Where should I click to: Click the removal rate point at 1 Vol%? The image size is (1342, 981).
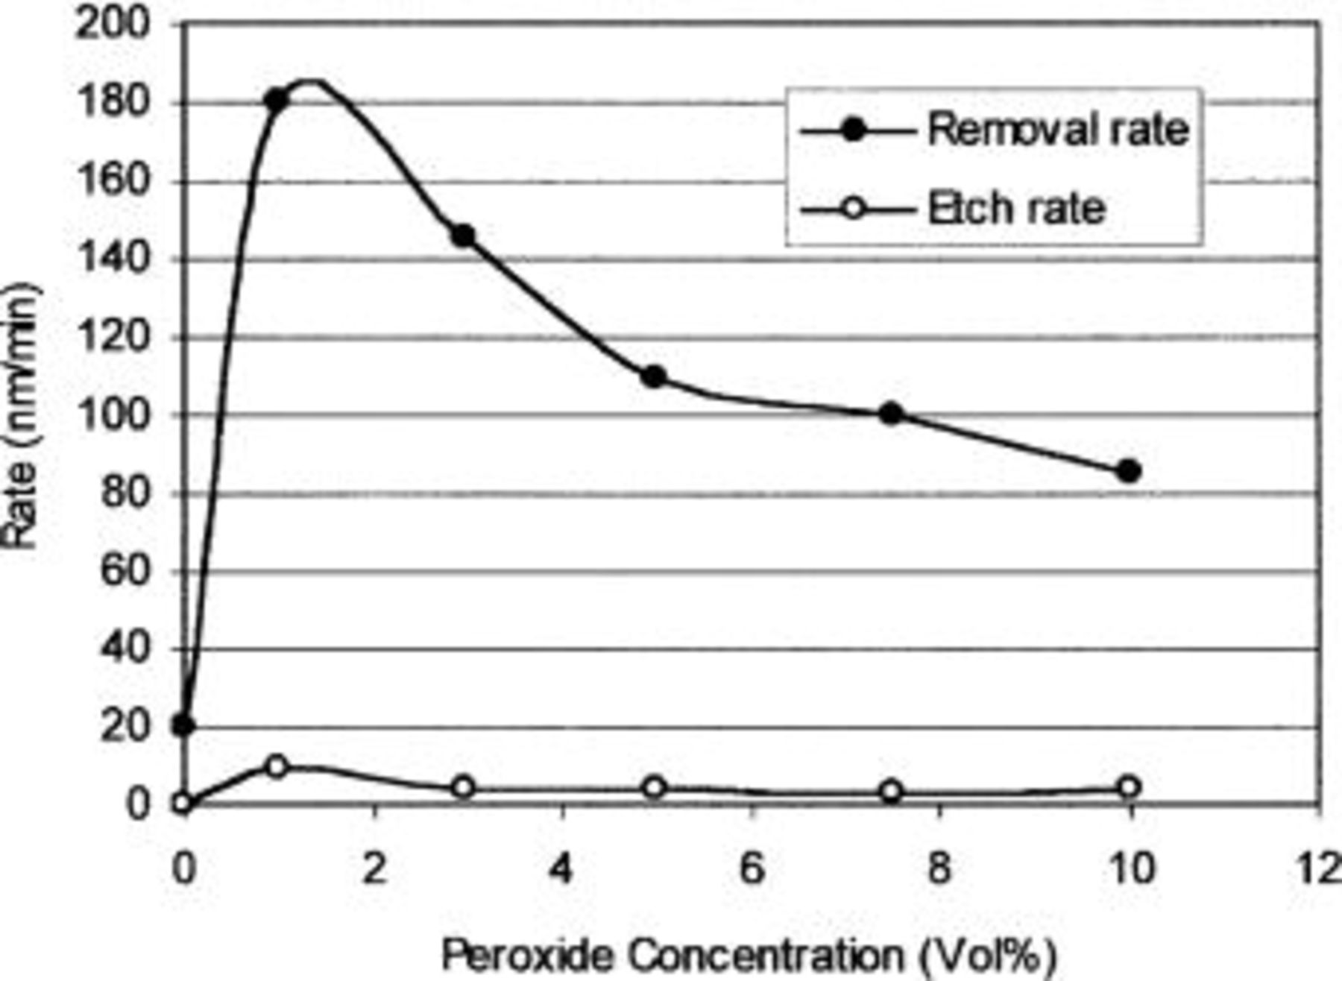pyautogui.click(x=277, y=99)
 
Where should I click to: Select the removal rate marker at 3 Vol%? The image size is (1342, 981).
pyautogui.click(x=463, y=236)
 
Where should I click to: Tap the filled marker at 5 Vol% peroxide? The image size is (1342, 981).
pyautogui.click(x=654, y=376)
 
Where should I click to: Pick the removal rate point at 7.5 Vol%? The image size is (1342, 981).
pyautogui.click(x=891, y=414)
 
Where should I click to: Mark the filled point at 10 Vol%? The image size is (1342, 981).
pyautogui.click(x=1129, y=471)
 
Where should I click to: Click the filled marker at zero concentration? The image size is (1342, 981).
pyautogui.click(x=183, y=725)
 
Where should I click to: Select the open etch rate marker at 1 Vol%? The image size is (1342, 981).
pyautogui.click(x=277, y=766)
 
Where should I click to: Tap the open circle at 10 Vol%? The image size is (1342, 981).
pyautogui.click(x=1129, y=787)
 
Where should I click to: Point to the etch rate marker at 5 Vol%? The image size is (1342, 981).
pyautogui.click(x=654, y=787)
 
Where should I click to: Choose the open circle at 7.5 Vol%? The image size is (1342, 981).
pyautogui.click(x=891, y=792)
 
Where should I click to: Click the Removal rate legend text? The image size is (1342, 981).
pyautogui.click(x=1057, y=130)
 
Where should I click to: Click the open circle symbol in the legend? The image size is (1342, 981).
pyautogui.click(x=855, y=209)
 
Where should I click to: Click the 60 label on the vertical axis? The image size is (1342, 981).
pyautogui.click(x=125, y=571)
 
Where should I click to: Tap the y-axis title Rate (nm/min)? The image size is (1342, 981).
pyautogui.click(x=20, y=416)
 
